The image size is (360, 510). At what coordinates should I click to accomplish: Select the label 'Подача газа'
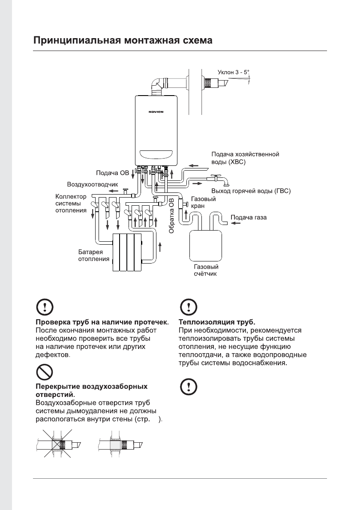coord(249,217)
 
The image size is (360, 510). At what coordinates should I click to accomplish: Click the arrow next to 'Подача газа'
coord(236,223)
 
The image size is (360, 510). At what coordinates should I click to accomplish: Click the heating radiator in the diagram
coord(127,252)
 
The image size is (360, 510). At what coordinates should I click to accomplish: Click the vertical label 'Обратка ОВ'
coord(171,216)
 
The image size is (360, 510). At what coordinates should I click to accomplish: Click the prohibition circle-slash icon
coord(43,372)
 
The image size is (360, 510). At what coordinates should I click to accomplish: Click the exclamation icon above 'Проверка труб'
coord(43,306)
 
